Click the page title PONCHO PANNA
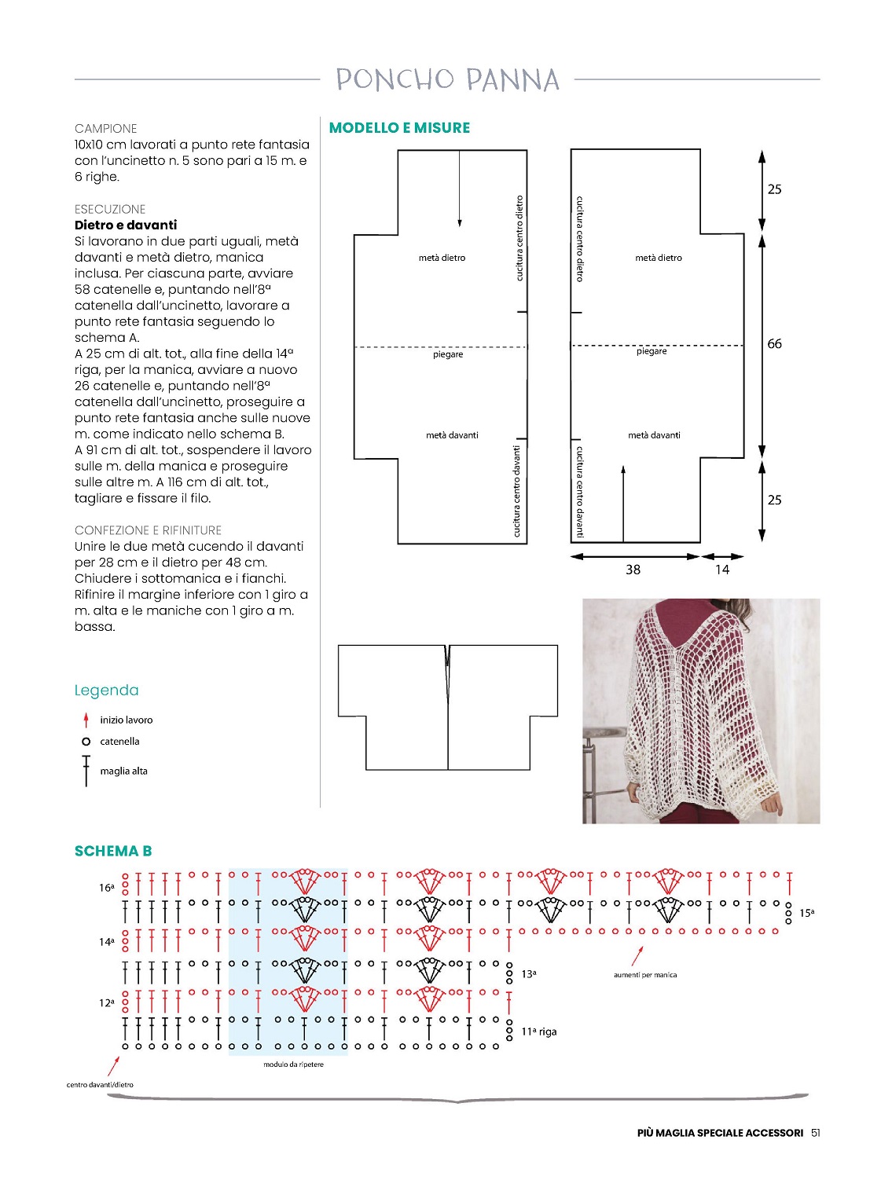coord(447,79)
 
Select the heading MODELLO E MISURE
coord(399,128)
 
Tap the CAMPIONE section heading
coord(106,129)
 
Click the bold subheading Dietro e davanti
coord(126,225)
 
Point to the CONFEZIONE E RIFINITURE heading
coord(148,530)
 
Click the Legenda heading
coord(106,691)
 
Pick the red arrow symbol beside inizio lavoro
coord(86,720)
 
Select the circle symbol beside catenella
coord(86,742)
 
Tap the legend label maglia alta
coord(123,771)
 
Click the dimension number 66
coord(774,344)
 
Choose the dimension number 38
coord(633,570)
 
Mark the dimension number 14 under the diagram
coord(721,570)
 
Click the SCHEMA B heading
coord(113,851)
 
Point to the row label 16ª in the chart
coord(106,888)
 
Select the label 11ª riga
coord(538,1032)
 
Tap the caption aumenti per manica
coord(644,975)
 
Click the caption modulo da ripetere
coord(293,1065)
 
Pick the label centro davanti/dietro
coord(100,1085)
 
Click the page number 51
coord(816,1133)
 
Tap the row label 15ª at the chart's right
coord(806,913)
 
